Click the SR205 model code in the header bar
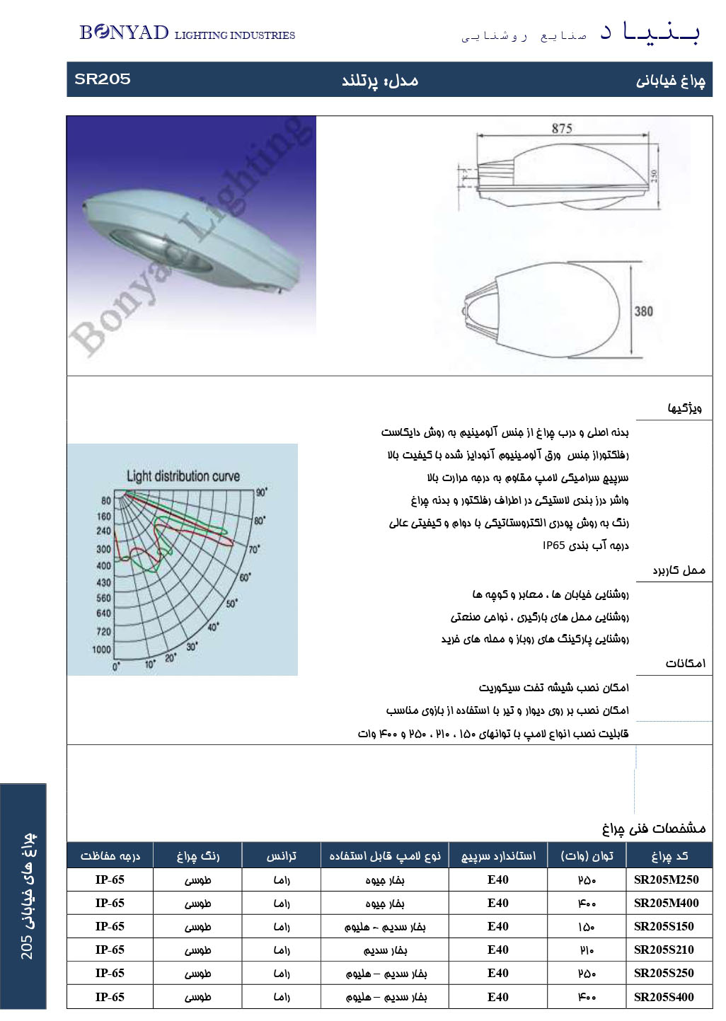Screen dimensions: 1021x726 [x=103, y=79]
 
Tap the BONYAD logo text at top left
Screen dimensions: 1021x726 [x=124, y=33]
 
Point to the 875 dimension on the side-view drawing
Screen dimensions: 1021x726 [x=561, y=128]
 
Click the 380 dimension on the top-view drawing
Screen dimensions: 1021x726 [x=643, y=311]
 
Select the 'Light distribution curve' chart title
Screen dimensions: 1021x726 [x=183, y=476]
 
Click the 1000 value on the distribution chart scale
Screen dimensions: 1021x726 [x=102, y=650]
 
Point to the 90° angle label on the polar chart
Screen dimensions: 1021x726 [x=261, y=492]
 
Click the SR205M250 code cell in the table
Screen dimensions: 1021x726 [x=666, y=879]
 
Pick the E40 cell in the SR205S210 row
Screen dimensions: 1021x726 [x=497, y=950]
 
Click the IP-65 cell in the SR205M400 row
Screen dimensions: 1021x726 [x=110, y=903]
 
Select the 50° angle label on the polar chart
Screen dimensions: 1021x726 [x=231, y=604]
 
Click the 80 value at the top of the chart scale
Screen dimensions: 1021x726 [x=105, y=500]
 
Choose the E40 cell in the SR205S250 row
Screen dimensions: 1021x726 [x=497, y=973]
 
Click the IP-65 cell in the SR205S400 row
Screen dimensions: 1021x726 [x=110, y=997]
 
